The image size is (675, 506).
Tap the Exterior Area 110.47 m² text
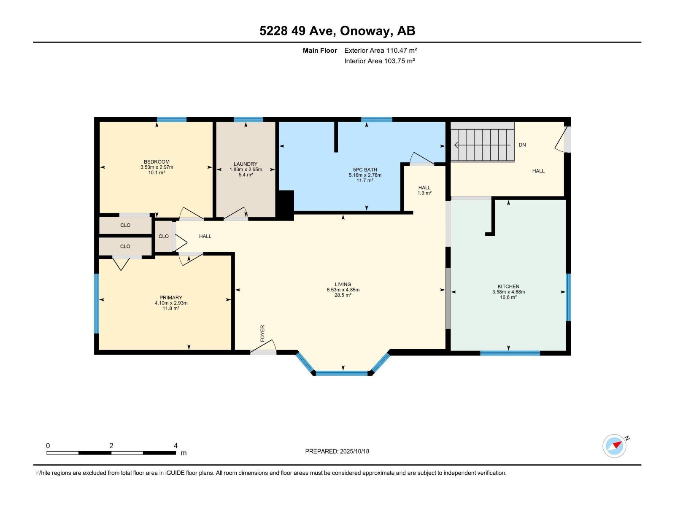click(381, 50)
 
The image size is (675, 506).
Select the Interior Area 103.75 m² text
click(379, 61)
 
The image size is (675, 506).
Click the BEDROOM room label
click(157, 161)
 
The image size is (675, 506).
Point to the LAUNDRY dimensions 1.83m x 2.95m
click(246, 170)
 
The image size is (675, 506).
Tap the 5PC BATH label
click(365, 170)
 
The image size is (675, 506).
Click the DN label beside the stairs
click(522, 145)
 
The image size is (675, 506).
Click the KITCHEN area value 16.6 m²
click(508, 297)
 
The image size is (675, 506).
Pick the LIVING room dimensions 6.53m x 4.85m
click(343, 290)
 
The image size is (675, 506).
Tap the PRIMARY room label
click(171, 297)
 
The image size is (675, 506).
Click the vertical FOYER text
click(262, 333)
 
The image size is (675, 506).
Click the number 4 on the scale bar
click(175, 446)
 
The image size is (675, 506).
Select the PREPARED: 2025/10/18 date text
click(337, 451)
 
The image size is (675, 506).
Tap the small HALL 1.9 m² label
click(424, 190)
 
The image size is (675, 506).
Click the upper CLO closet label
click(125, 225)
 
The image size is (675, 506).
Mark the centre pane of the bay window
click(342, 373)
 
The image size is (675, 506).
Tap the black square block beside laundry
click(286, 205)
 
